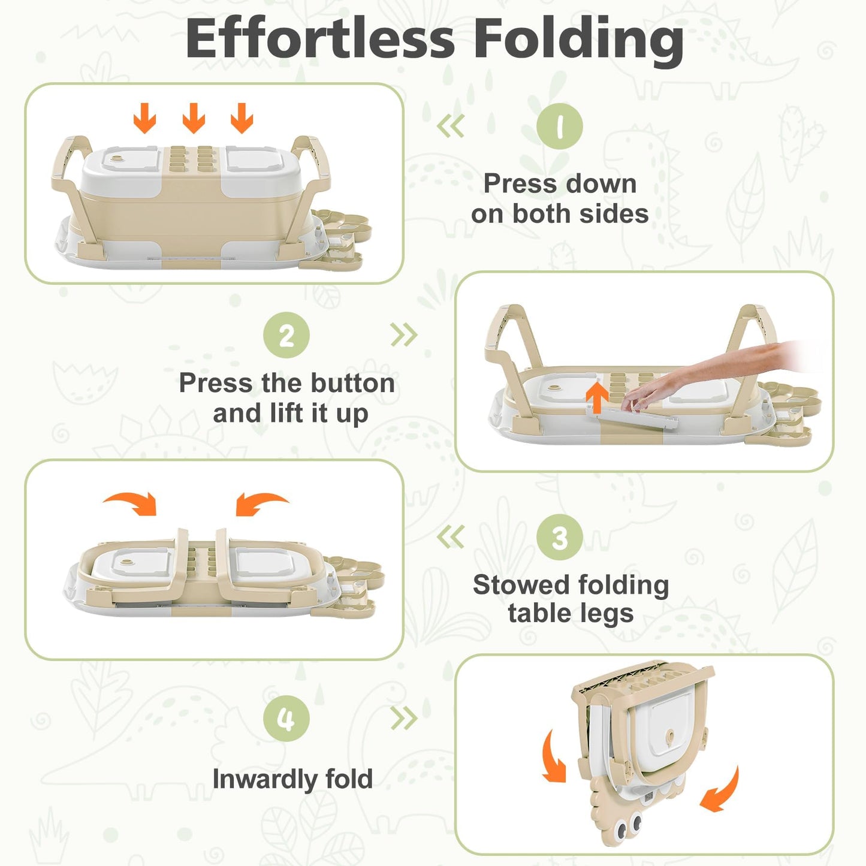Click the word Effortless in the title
tap(320, 39)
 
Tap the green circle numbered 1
tap(559, 126)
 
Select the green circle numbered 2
tap(286, 336)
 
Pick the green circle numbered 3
tap(559, 538)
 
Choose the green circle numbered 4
tap(286, 718)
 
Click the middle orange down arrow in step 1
tap(194, 118)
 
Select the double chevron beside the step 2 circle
tap(404, 335)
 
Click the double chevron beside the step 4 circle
tap(404, 718)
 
